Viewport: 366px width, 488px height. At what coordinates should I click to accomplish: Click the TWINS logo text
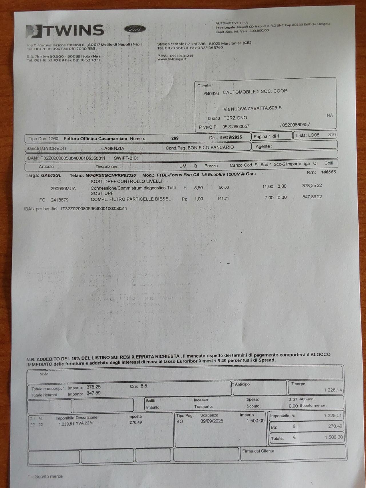tap(73, 30)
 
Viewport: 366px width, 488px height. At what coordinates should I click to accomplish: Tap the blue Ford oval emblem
tap(135, 29)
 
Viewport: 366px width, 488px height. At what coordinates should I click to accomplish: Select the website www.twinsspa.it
tap(172, 59)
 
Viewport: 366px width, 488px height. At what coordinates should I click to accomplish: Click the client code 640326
tap(212, 93)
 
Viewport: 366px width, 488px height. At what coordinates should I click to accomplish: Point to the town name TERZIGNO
tap(235, 118)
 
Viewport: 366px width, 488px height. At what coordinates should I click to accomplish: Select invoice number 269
tap(175, 138)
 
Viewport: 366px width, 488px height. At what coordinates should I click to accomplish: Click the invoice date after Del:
tap(231, 137)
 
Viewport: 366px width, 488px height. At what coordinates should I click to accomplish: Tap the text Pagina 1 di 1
tap(266, 136)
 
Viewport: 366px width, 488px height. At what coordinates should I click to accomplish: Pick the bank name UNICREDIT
tap(54, 148)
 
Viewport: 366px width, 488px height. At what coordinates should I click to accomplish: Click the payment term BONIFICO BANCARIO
tap(211, 148)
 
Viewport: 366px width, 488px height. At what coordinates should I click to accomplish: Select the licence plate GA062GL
tap(51, 175)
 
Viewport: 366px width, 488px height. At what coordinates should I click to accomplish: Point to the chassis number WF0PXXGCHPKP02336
tap(111, 175)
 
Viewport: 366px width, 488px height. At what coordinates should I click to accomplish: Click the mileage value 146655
tap(328, 172)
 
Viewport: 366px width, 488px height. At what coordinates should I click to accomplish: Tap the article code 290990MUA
tap(63, 189)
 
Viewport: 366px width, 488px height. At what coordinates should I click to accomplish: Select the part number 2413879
tap(60, 200)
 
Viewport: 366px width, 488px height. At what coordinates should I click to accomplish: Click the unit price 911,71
tap(223, 198)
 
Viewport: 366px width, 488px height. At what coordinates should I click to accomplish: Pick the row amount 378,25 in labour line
tap(309, 186)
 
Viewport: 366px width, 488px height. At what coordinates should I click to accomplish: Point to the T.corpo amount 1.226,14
tap(333, 390)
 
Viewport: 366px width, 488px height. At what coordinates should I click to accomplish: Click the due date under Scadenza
tap(212, 421)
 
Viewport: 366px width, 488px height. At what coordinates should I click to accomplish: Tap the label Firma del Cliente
tap(258, 451)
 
